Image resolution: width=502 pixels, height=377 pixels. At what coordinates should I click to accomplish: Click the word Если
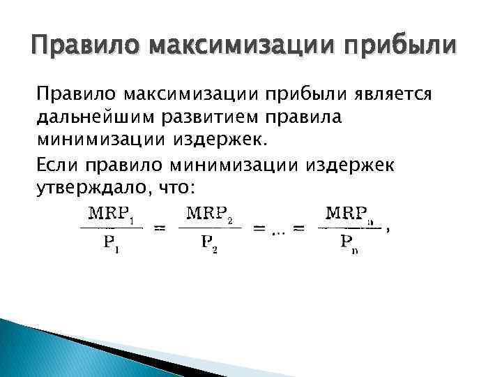pos(58,165)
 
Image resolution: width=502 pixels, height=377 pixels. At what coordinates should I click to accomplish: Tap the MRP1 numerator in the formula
pos(112,213)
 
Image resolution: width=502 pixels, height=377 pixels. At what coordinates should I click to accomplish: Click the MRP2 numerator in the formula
pos(210,213)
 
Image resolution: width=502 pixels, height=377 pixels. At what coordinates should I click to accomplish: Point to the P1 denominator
pos(112,244)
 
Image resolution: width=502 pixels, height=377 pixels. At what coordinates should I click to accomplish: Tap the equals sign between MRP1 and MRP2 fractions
pos(159,228)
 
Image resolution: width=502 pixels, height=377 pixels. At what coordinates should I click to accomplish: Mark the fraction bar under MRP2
pos(209,228)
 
